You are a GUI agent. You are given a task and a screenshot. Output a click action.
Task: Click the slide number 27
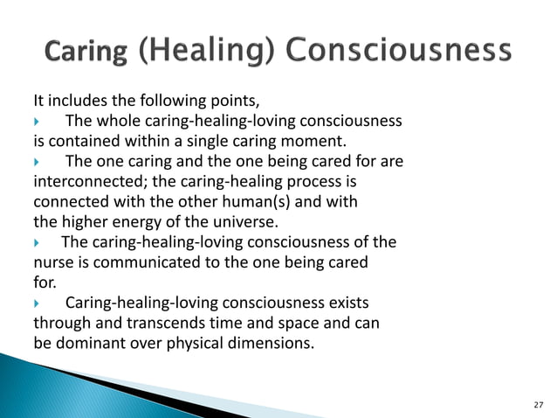(537, 404)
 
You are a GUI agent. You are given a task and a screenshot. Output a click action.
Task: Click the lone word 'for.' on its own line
(43, 282)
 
